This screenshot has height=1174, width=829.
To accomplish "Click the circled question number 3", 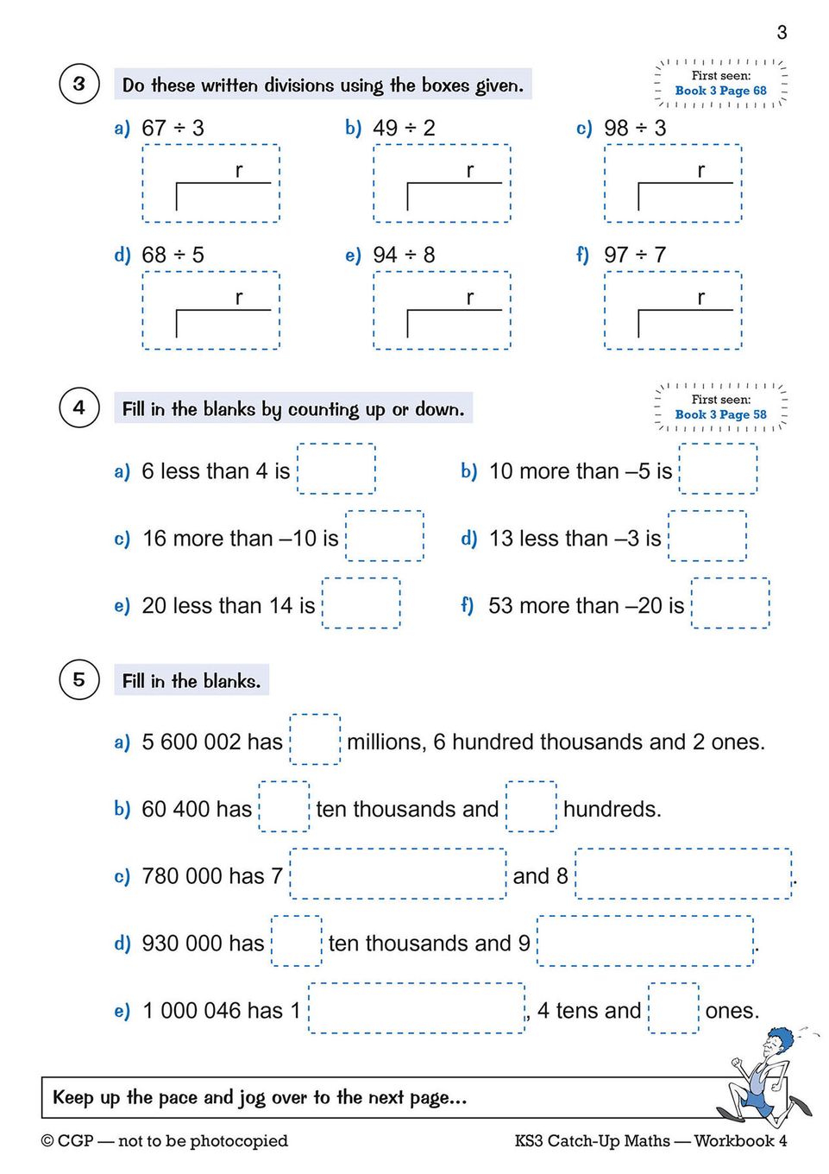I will [79, 84].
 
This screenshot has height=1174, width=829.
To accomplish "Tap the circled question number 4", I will [79, 407].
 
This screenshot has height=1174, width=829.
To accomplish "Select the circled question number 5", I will [79, 679].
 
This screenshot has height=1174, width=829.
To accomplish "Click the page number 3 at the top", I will [782, 33].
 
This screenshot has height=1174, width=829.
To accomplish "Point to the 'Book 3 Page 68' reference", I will [720, 91].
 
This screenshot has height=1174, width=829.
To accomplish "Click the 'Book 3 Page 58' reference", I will [720, 414].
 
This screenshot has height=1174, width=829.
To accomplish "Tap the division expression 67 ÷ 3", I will [173, 129].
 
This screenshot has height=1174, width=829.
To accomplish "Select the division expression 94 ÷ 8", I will [404, 256].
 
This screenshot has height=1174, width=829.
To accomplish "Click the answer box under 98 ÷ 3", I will [673, 183].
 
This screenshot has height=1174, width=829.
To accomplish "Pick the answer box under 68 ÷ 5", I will [211, 310].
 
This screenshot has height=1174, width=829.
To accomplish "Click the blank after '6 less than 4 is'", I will [336, 469].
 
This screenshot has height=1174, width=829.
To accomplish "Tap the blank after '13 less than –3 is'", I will [707, 536].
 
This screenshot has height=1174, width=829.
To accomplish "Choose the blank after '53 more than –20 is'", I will [730, 603].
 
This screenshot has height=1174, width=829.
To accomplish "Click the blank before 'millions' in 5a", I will [315, 739].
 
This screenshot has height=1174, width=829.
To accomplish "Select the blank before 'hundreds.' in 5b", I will [531, 806].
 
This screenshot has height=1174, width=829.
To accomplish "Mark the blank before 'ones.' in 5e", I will [673, 1008].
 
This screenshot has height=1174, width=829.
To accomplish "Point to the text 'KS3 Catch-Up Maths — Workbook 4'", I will [650, 1141].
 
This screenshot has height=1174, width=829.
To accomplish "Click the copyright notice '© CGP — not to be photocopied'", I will [165, 1141].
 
